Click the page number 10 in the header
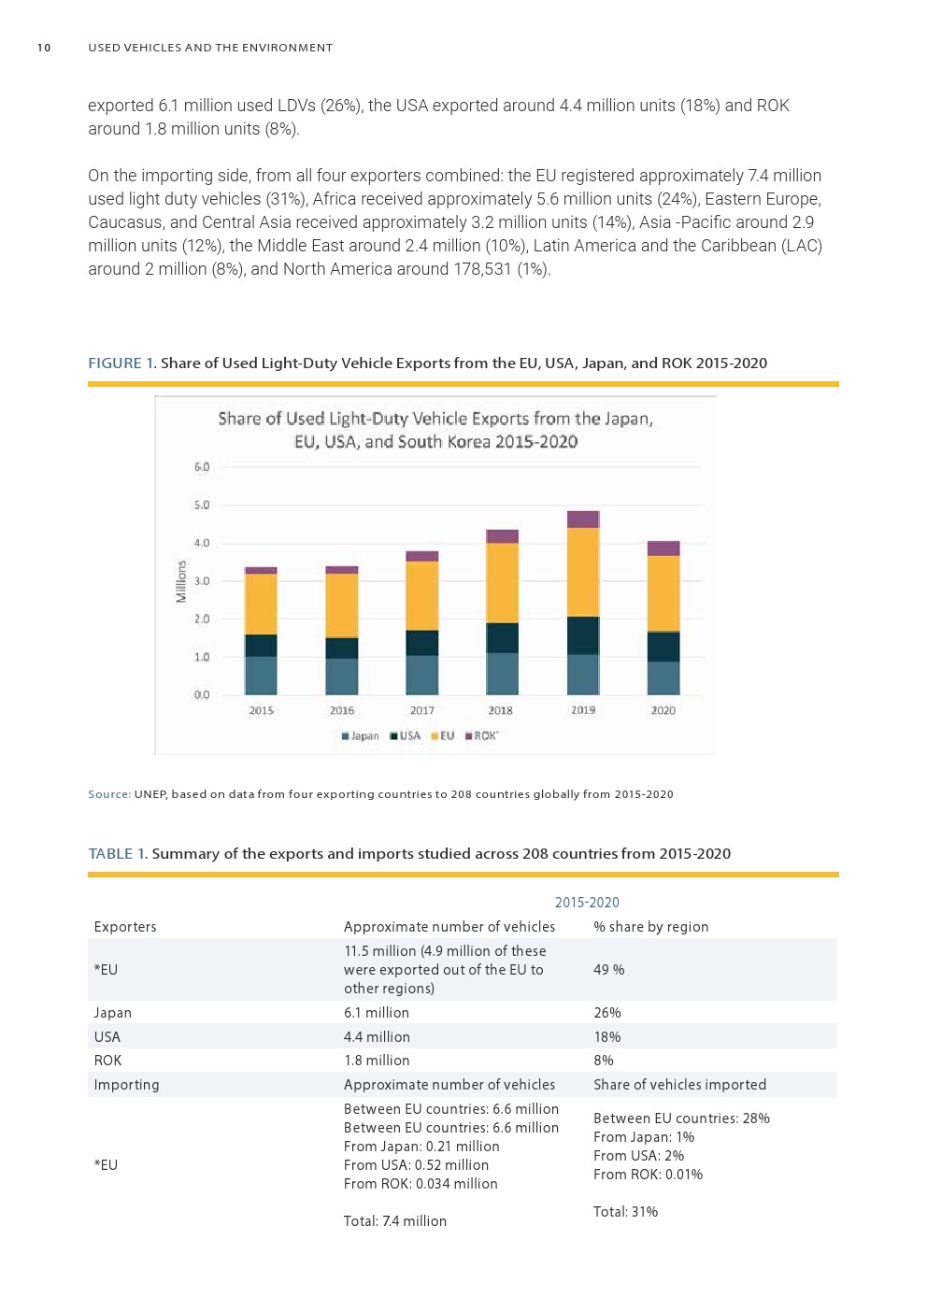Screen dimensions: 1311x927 tap(44, 48)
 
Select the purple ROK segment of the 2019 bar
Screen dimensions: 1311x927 tap(583, 520)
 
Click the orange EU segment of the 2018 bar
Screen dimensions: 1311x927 tap(502, 583)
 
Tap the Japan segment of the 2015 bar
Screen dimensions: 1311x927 tap(261, 675)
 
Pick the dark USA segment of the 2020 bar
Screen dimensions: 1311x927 tap(663, 647)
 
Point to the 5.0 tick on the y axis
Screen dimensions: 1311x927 tap(202, 506)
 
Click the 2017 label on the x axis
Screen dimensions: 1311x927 tap(421, 711)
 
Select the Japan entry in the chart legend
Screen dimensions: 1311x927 tap(361, 736)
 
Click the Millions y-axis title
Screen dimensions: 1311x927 tap(181, 581)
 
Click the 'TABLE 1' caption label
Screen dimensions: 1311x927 tap(117, 854)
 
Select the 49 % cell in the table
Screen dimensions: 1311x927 tap(608, 970)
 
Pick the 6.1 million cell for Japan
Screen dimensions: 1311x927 tap(376, 1013)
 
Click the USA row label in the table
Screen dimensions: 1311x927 tap(107, 1037)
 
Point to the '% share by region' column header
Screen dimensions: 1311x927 tap(650, 927)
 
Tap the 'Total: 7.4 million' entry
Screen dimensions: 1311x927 tap(394, 1221)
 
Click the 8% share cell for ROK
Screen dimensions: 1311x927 tap(604, 1061)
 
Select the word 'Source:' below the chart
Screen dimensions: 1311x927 tap(109, 794)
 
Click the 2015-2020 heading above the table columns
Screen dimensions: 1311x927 tap(587, 903)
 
